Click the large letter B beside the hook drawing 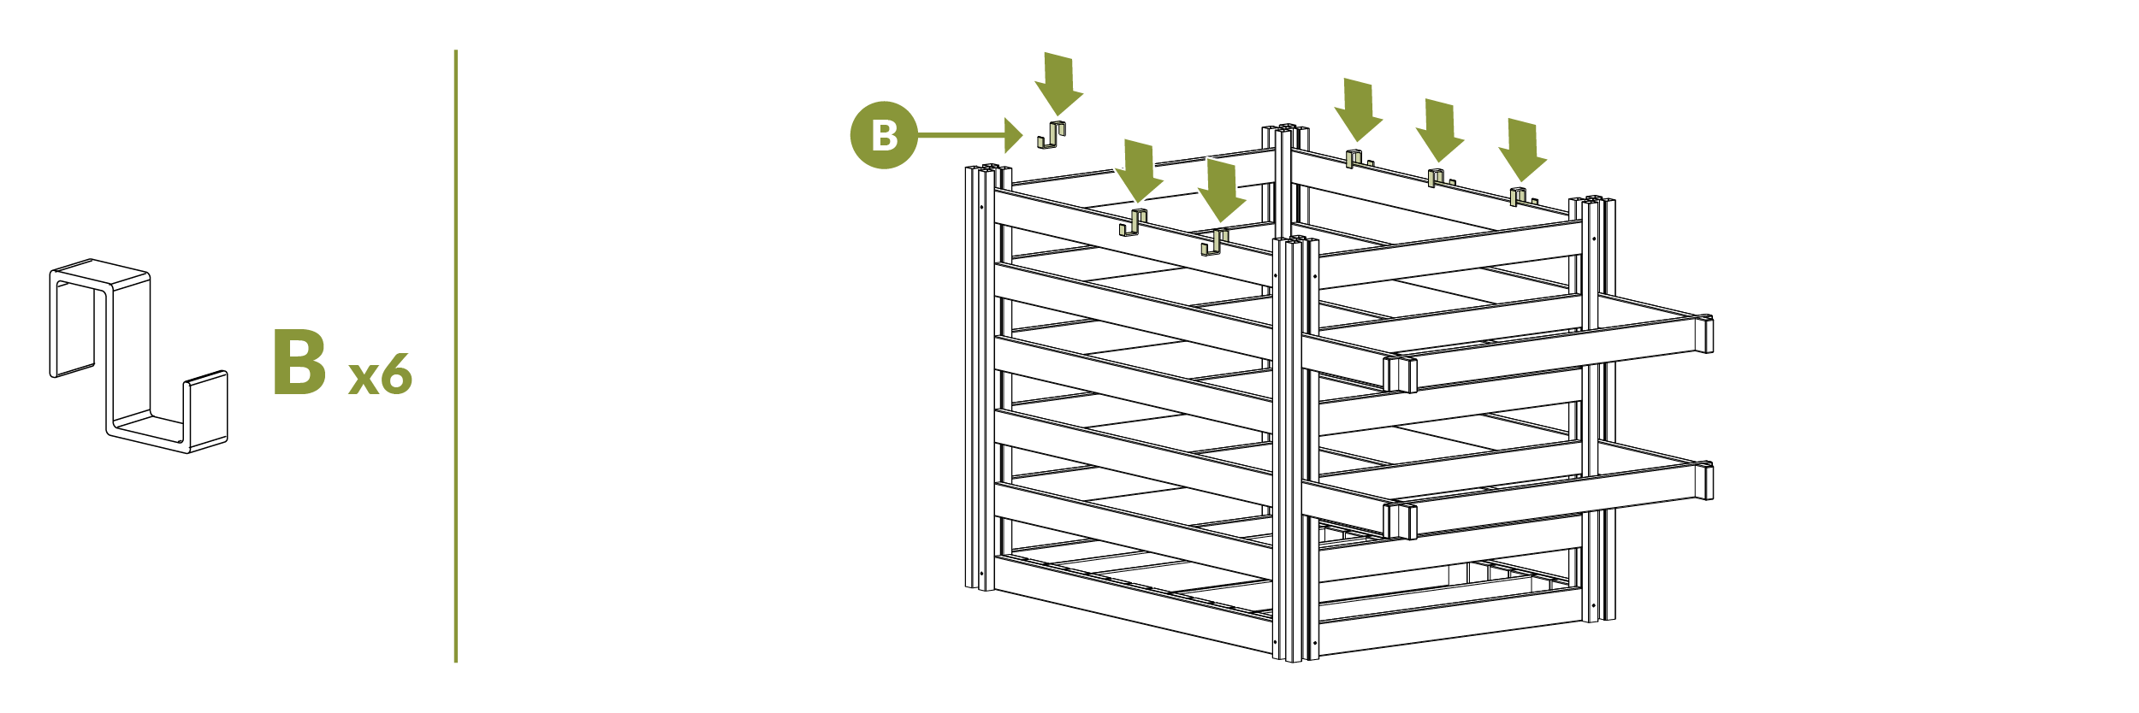pyautogui.click(x=299, y=362)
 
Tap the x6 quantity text pyautogui.click(x=380, y=376)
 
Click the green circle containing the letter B pyautogui.click(x=883, y=135)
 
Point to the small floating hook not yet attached pyautogui.click(x=1052, y=135)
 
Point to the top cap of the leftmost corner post pyautogui.click(x=988, y=170)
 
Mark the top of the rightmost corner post pyautogui.click(x=1592, y=202)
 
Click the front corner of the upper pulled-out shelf pyautogui.click(x=1400, y=374)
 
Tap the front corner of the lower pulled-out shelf pyautogui.click(x=1400, y=520)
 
